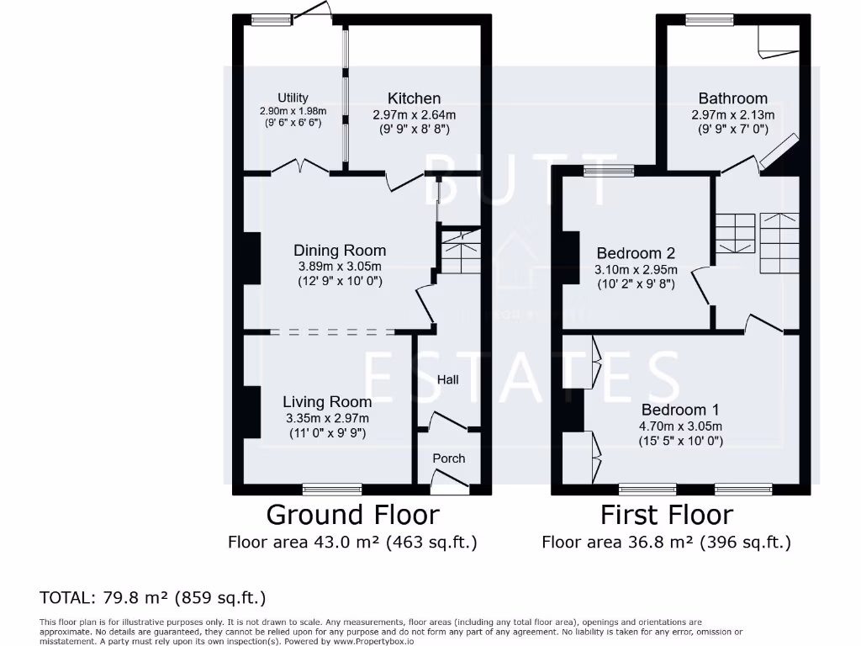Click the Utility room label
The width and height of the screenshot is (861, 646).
293,98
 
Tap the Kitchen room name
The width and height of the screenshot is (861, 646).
414,98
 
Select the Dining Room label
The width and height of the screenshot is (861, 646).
340,251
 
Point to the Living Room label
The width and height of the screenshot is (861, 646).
327,402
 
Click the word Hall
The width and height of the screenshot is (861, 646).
448,380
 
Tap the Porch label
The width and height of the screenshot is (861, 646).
448,458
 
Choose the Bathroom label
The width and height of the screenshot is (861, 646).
732,98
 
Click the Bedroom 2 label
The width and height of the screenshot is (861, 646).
636,253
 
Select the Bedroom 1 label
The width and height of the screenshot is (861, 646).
680,410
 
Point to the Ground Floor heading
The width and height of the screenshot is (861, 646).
352,514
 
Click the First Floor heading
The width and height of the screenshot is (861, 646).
667,514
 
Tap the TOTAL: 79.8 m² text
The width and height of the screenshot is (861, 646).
153,598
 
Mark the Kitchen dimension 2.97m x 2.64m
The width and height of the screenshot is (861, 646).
414,114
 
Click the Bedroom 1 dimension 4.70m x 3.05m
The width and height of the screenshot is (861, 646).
680,426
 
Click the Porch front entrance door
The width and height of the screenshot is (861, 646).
449,480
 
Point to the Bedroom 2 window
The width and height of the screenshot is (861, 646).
609,171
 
